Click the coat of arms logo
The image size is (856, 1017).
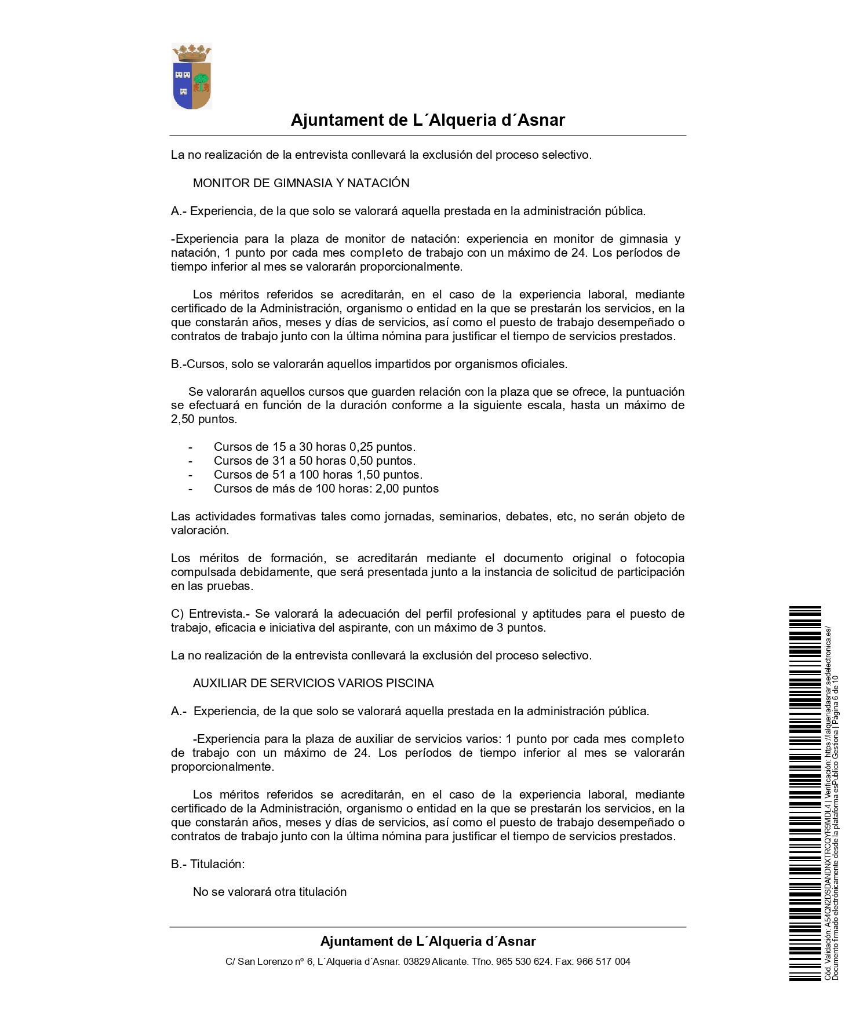click(192, 76)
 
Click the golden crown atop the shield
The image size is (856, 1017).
click(192, 53)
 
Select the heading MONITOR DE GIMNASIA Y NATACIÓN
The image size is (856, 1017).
click(301, 183)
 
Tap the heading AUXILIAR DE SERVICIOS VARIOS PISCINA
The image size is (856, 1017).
click(313, 683)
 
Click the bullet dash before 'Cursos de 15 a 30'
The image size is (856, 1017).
click(190, 447)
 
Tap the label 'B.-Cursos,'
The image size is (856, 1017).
click(199, 364)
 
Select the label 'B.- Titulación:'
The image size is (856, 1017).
click(207, 864)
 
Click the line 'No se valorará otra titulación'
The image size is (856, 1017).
click(269, 892)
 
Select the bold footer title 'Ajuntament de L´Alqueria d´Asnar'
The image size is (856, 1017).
click(428, 941)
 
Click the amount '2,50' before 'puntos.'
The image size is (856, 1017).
click(183, 419)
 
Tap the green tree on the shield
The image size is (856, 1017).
click(201, 79)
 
